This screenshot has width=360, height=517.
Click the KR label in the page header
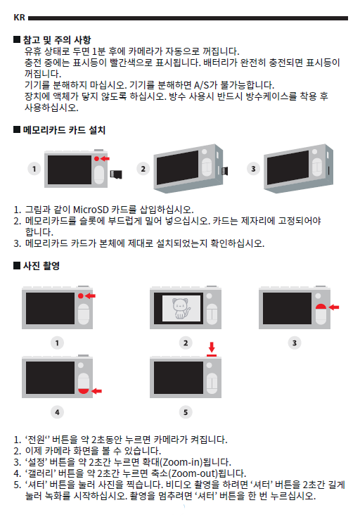19,18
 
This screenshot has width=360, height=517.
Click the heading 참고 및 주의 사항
57,40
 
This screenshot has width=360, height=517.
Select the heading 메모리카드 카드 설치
64,130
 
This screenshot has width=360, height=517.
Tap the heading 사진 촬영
41,266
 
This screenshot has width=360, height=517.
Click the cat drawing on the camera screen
181,308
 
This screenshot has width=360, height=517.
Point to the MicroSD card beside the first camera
116,174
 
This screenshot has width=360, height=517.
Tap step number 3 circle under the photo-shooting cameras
295,343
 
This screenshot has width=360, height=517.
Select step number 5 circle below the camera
186,412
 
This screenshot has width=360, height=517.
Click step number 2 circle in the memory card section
143,169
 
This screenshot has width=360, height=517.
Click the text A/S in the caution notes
201,85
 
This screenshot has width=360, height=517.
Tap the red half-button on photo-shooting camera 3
321,307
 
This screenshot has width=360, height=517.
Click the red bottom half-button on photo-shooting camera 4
84,391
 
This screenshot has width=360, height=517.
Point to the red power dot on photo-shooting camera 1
81,295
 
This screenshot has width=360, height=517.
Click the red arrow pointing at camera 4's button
96,391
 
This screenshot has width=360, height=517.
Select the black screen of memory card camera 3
288,167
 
